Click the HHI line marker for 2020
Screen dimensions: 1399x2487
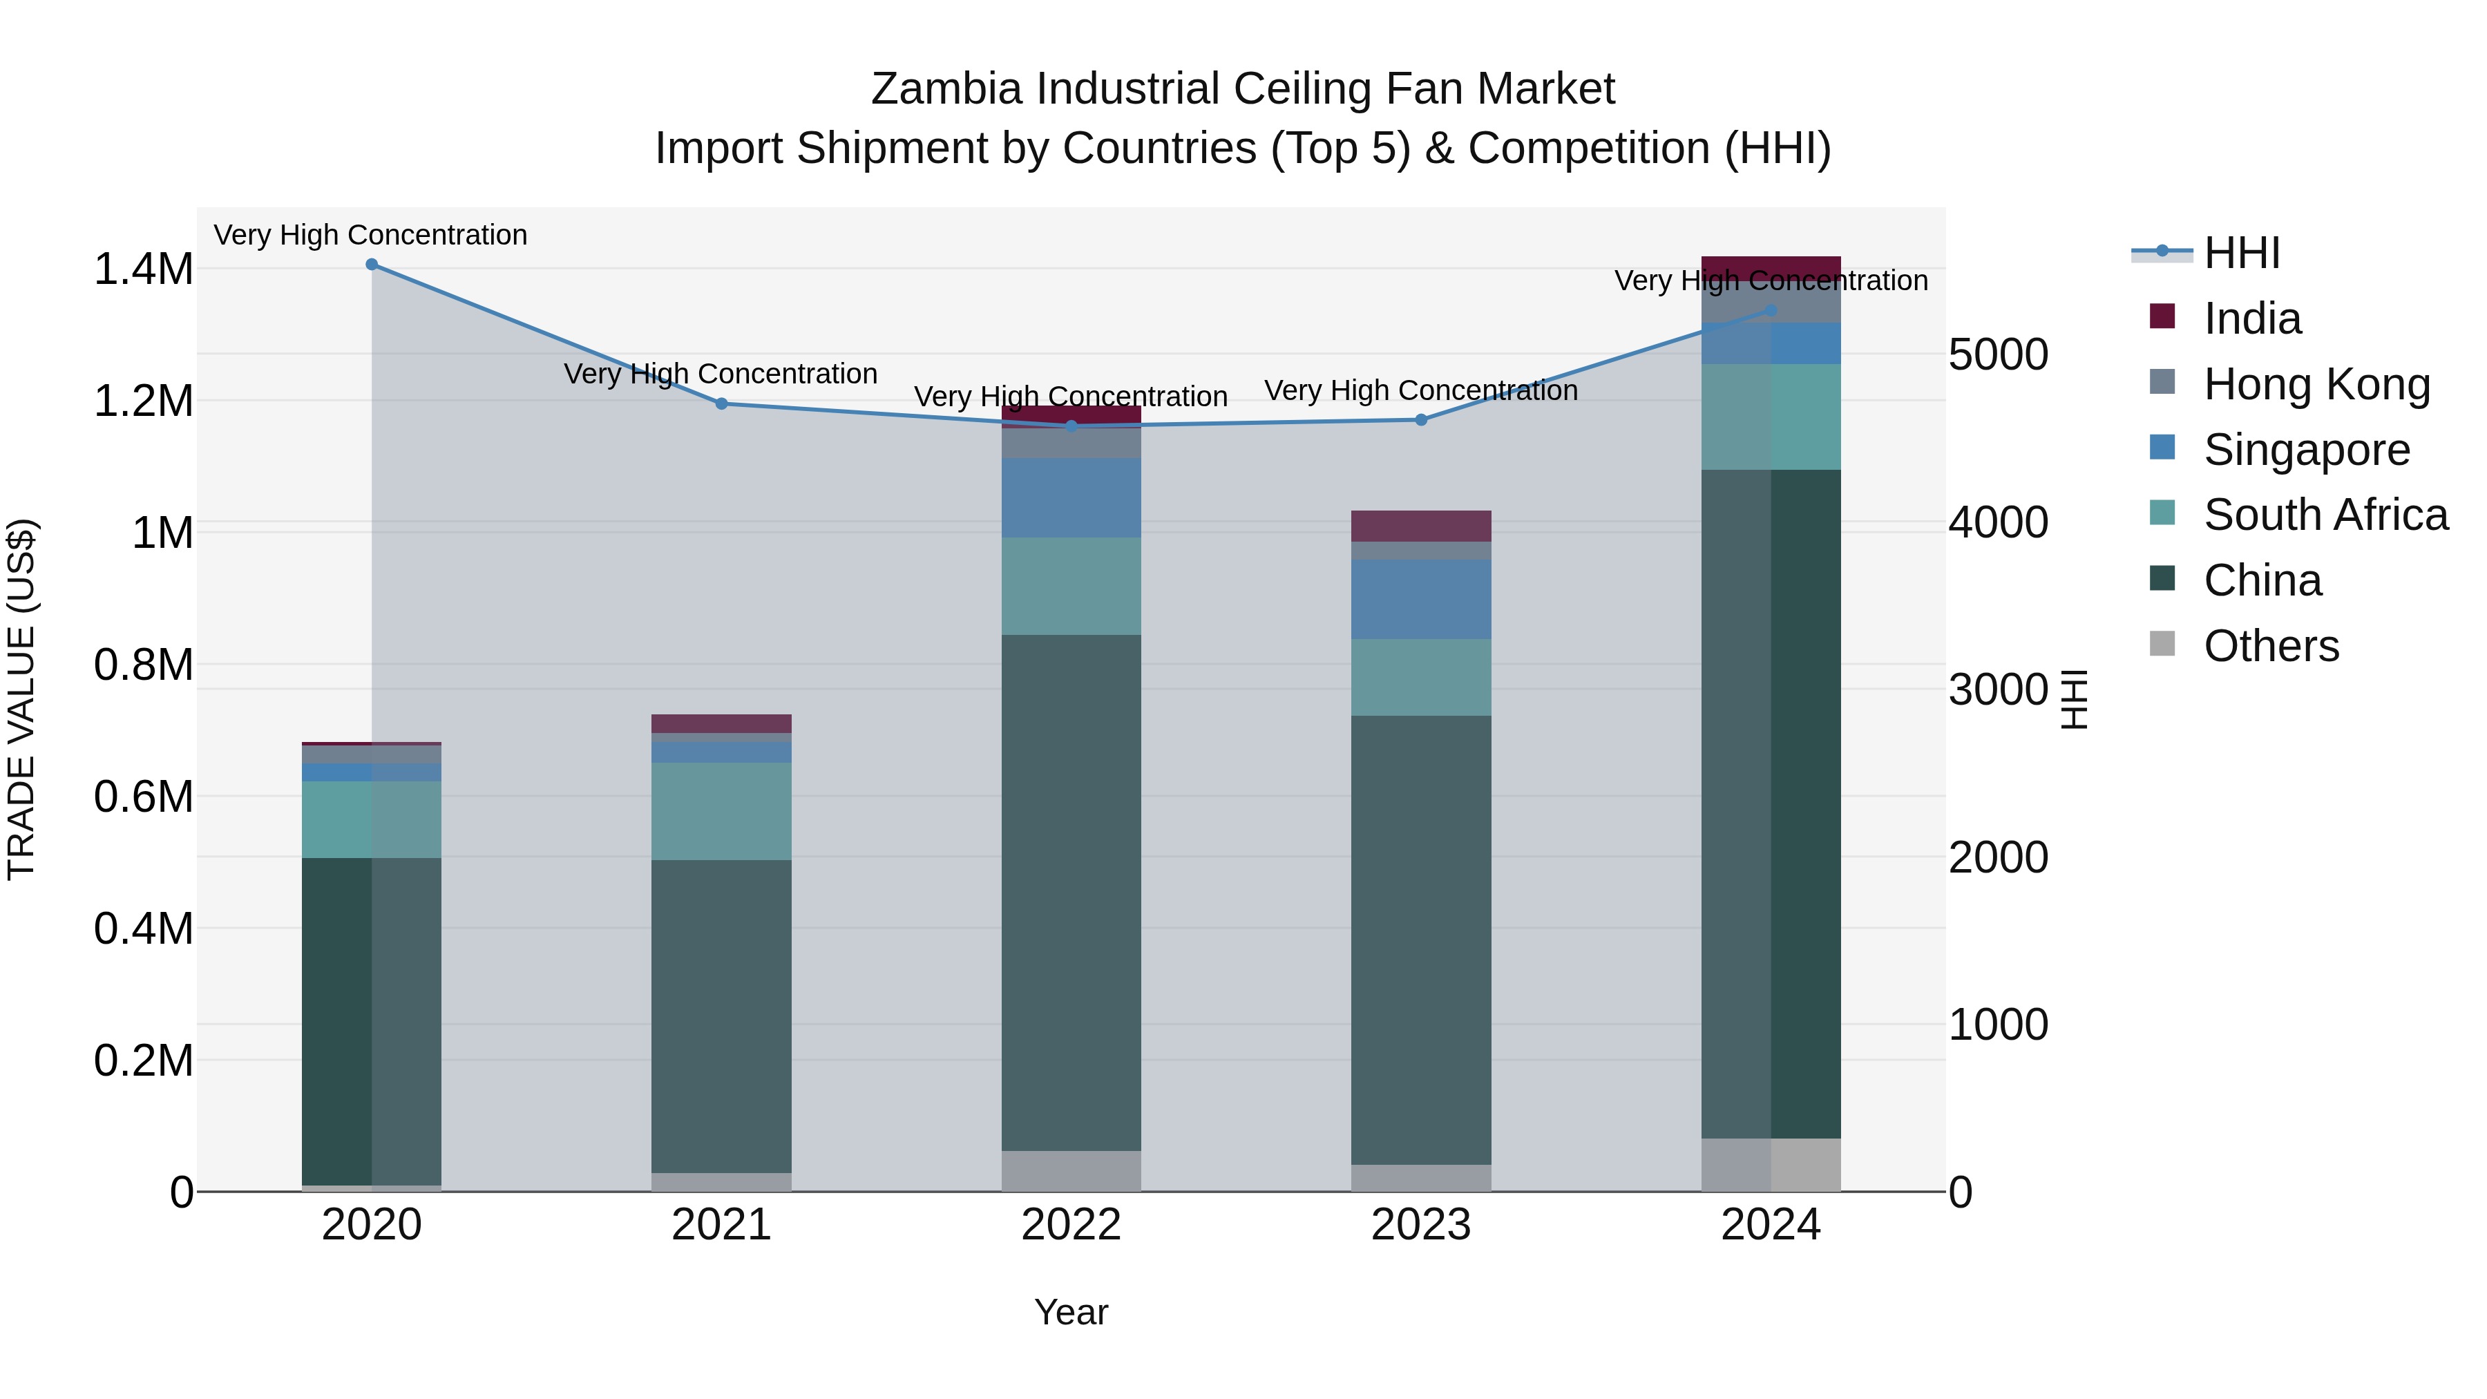pos(372,265)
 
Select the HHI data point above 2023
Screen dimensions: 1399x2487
pos(1420,420)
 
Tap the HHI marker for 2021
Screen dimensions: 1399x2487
pos(721,403)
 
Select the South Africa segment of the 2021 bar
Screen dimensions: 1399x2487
pos(721,811)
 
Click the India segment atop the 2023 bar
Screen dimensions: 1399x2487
pos(1420,526)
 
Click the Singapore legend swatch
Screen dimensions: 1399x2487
pos(2162,448)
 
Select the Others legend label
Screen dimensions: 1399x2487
pos(2271,646)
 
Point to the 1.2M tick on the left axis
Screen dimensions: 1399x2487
pos(143,401)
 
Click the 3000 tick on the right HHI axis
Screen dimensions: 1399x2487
pos(1997,689)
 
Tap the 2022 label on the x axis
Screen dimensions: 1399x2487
pos(1071,1225)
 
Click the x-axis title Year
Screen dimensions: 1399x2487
pos(1071,1312)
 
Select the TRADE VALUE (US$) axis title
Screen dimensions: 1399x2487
pos(21,699)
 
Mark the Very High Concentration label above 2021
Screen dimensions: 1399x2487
pos(721,374)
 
